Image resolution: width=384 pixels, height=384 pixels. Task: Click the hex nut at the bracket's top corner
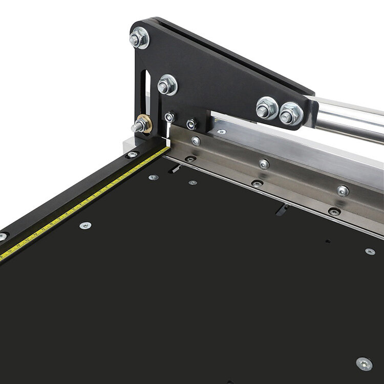(139, 38)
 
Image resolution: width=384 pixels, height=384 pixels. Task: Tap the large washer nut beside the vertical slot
(167, 84)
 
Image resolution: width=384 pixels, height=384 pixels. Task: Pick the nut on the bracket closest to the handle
(291, 113)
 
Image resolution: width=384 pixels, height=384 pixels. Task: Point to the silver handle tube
(348, 117)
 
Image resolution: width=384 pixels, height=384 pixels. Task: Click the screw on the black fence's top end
(133, 154)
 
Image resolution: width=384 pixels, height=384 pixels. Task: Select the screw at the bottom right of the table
(364, 364)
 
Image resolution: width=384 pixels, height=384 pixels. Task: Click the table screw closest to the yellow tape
(85, 225)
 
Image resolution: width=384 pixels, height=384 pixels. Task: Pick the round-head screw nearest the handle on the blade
(343, 190)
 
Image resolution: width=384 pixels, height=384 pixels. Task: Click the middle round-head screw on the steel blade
(264, 164)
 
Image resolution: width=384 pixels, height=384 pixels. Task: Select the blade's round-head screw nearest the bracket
(196, 141)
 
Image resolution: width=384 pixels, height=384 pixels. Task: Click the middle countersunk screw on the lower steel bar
(257, 183)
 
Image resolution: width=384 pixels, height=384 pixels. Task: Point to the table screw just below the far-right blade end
(370, 251)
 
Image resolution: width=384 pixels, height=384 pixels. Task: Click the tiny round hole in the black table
(328, 242)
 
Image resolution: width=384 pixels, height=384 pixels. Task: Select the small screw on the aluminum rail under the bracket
(221, 132)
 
